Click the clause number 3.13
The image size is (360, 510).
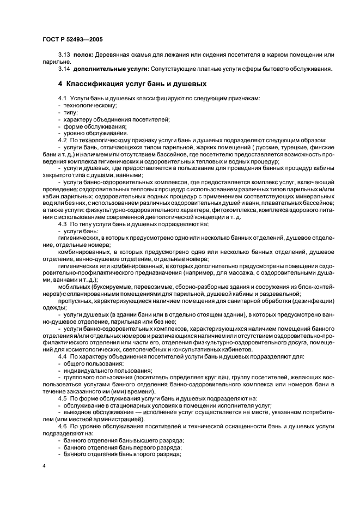pyautogui.click(x=64, y=56)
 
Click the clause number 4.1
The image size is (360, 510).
pyautogui.click(x=62, y=98)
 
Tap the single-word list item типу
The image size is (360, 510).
pyautogui.click(x=71, y=112)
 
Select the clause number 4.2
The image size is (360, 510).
pyautogui.click(x=62, y=140)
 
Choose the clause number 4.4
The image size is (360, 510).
pyautogui.click(x=62, y=356)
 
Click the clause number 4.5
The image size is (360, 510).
pyautogui.click(x=62, y=399)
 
